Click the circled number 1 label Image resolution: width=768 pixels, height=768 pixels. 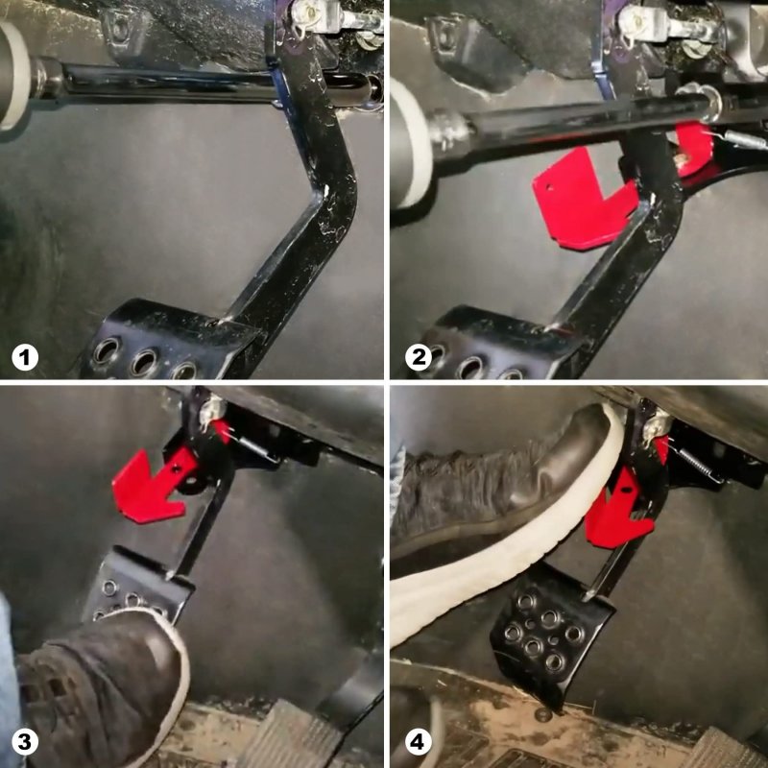coord(25,357)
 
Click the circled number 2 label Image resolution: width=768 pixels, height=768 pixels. coord(419,357)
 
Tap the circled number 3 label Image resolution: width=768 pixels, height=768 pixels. coord(25,741)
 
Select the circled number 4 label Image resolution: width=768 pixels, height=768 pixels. coord(419,741)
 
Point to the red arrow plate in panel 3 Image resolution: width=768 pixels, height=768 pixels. coord(150,488)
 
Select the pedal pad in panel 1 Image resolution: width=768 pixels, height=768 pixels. coord(166,343)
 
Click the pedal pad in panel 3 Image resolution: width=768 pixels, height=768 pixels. coord(137,586)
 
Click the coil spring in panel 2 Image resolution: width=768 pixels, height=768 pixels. coord(742,139)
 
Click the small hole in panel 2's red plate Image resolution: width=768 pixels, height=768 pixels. coord(549,186)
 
